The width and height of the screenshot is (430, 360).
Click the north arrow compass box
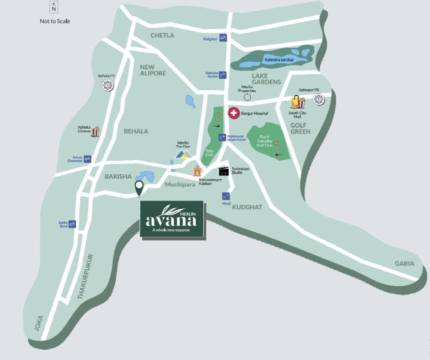pos(54,7)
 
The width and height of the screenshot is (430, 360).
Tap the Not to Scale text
pos(55,21)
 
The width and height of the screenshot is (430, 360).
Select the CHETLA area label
pos(162,35)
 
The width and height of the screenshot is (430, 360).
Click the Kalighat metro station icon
pos(223,38)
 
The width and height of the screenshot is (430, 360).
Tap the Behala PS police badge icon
pos(108,85)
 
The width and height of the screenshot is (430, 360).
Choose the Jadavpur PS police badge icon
pos(319,99)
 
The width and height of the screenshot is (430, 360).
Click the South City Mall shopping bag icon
pos(298,102)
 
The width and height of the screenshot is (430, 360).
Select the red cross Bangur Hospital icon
pos(233,113)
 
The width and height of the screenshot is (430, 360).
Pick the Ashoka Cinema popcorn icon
pos(95,132)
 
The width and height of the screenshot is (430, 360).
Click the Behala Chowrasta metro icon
pos(87,159)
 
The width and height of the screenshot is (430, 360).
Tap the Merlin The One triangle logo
pos(183,154)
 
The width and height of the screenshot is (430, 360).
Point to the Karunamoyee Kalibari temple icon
pos(197,171)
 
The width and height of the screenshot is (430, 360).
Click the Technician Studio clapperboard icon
pos(224,171)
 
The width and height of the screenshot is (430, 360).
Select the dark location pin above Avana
pos(139,188)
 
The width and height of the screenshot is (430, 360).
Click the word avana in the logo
pos(171,220)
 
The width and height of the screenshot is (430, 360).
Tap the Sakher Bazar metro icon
pos(72,224)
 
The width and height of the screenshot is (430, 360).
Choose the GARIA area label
pos(404,263)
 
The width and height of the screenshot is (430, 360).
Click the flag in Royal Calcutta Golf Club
pos(276,148)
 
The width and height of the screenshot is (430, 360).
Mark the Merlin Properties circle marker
pos(247,97)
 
